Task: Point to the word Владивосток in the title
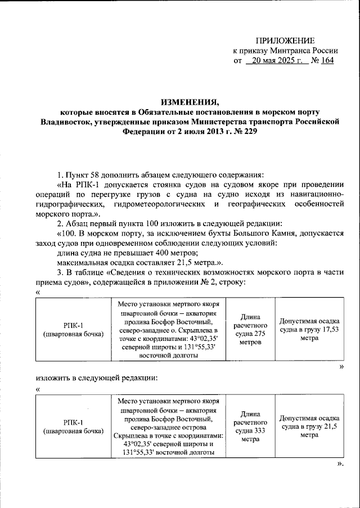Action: coord(65,122)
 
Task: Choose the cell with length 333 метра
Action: coord(245,426)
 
